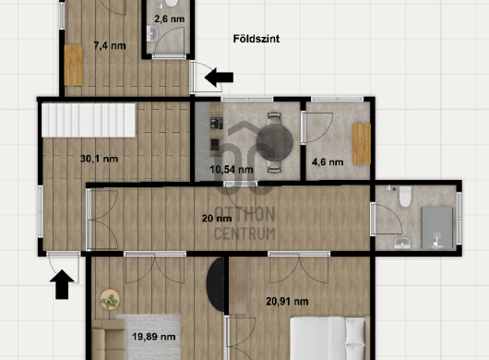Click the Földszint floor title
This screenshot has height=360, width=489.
256,39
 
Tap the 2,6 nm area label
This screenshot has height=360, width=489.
170,19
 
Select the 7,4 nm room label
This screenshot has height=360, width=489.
110,46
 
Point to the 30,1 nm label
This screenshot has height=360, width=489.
99,159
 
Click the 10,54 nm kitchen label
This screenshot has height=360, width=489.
232,170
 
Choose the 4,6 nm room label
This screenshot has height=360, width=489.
328,162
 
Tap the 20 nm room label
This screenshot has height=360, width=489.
217,219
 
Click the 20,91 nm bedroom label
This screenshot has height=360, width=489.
287,301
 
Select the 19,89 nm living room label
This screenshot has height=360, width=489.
153,337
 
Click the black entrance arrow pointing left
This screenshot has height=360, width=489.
219,77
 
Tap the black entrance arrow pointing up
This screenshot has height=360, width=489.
62,284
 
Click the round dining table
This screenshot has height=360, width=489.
274,142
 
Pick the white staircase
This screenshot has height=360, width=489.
89,120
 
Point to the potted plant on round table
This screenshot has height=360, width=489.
110,300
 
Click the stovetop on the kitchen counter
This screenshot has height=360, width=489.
217,123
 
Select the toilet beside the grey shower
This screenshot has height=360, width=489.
405,197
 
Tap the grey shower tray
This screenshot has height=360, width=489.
437,227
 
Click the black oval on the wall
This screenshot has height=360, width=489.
216,284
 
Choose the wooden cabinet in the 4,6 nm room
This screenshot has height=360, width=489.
362,144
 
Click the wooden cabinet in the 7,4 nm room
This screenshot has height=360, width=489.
73,66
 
